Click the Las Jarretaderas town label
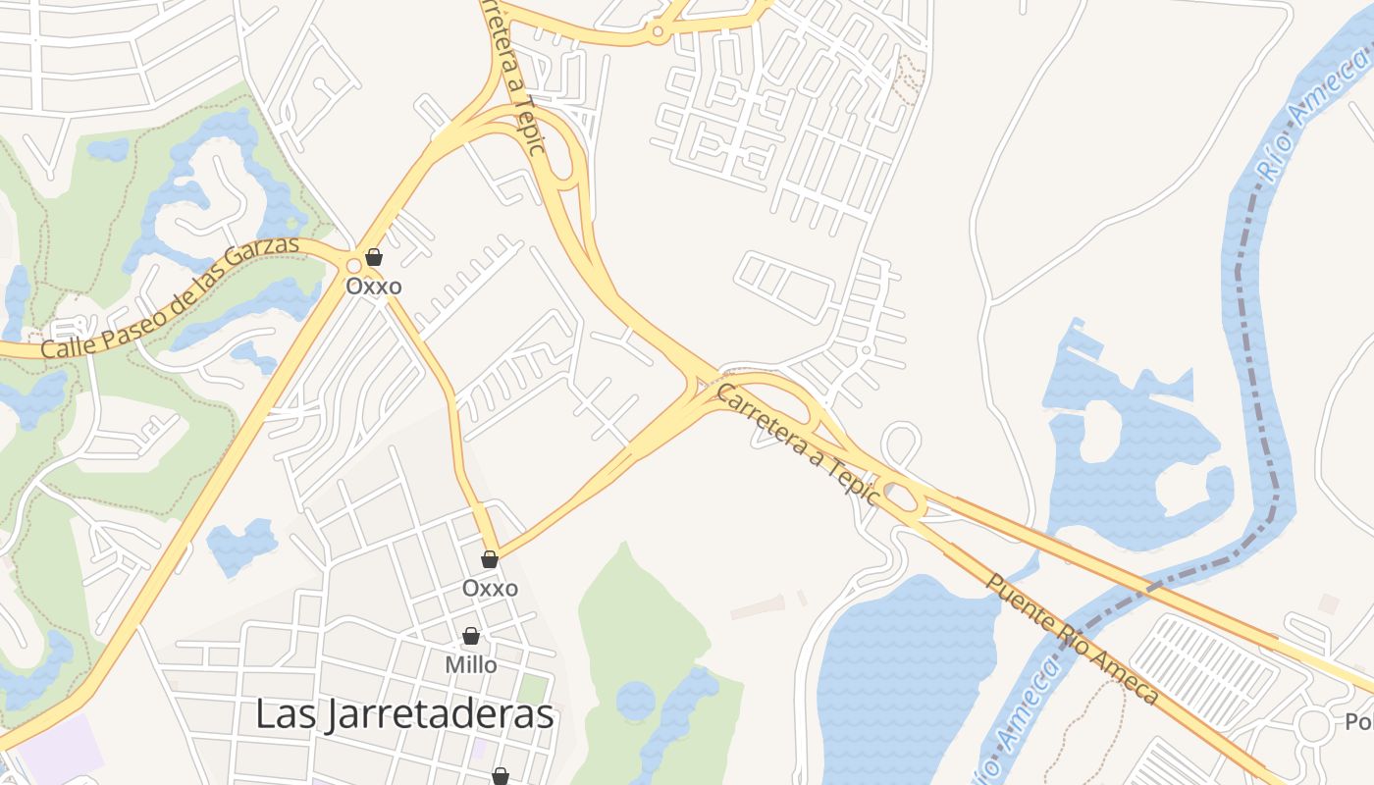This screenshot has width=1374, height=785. [404, 714]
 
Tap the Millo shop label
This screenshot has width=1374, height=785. [471, 664]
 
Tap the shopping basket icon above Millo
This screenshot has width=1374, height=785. [471, 636]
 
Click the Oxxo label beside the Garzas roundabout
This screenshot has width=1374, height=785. [374, 287]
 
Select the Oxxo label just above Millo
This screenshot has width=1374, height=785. [490, 588]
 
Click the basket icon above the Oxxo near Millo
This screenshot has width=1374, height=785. [490, 560]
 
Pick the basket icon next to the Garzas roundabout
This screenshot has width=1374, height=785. [374, 258]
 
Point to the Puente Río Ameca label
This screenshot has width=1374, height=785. [1072, 639]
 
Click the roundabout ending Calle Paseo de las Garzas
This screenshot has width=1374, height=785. [353, 265]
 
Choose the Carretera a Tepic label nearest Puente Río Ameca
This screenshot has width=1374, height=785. [797, 444]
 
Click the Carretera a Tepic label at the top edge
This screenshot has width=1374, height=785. [511, 78]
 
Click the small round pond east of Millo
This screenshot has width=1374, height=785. [636, 700]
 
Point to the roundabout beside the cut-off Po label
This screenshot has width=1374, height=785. [1312, 726]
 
